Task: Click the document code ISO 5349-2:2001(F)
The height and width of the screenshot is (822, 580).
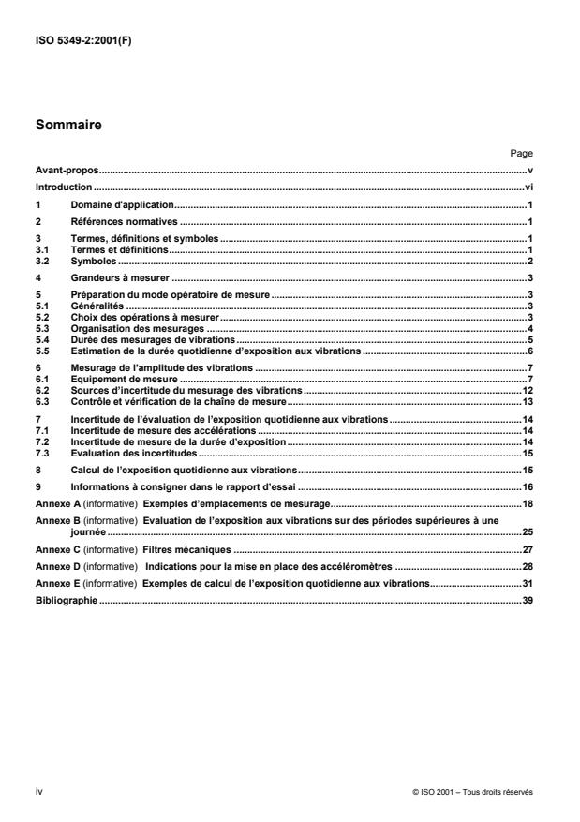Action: (x=82, y=39)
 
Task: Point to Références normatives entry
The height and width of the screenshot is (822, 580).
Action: (x=125, y=222)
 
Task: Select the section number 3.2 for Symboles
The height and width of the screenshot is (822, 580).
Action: (x=42, y=261)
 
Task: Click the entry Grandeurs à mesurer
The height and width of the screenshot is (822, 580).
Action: (x=119, y=278)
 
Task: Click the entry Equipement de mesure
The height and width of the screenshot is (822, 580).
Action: (x=124, y=379)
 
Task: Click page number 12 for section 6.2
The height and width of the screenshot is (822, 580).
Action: (x=528, y=389)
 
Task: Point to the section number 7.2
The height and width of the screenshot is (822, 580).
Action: (x=42, y=441)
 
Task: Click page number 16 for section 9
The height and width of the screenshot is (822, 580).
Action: (x=528, y=487)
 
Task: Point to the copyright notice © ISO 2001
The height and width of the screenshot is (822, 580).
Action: (x=472, y=792)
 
